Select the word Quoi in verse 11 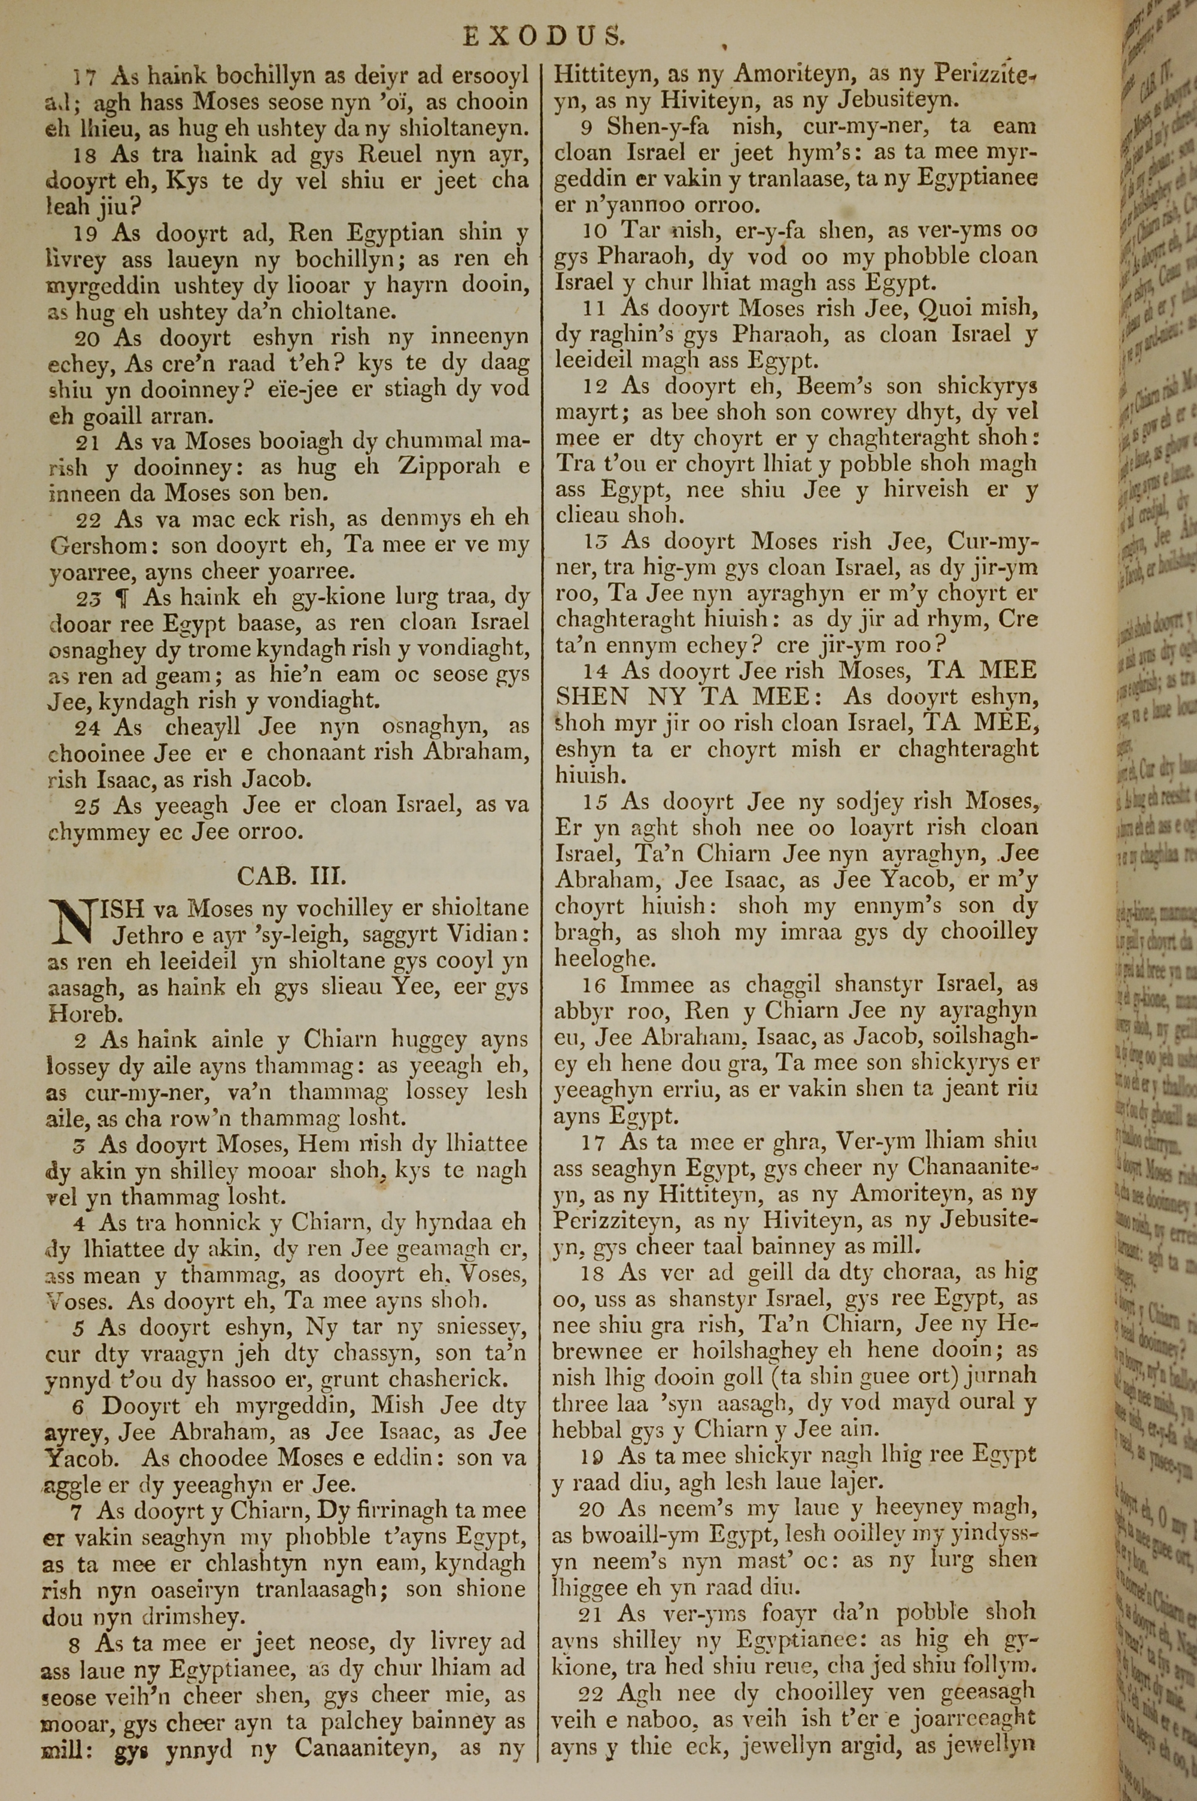tap(950, 308)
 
